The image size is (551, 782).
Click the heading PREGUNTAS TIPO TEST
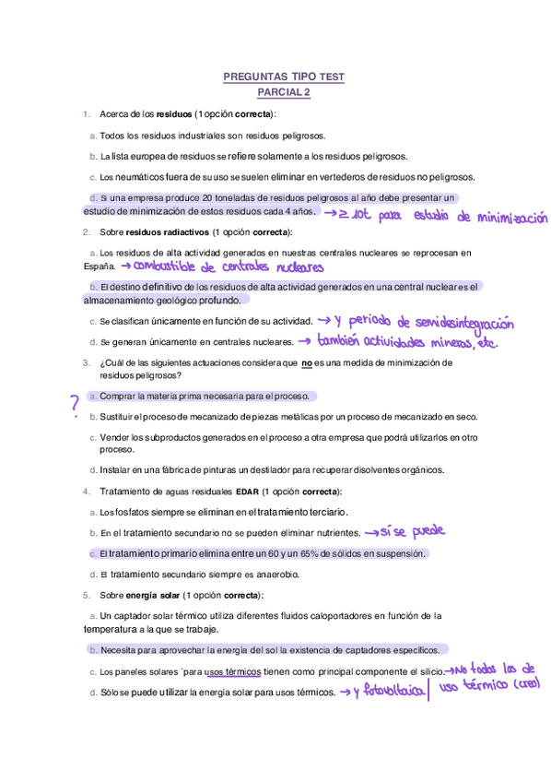pos(284,77)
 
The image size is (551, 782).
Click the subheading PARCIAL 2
pos(284,92)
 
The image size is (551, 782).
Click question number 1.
pos(86,114)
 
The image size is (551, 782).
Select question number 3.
pos(86,362)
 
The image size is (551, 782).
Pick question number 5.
pos(86,595)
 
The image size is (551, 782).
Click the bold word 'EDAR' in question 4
pos(248,492)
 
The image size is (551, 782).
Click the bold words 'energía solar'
pos(152,595)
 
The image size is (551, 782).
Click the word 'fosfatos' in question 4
pos(133,512)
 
